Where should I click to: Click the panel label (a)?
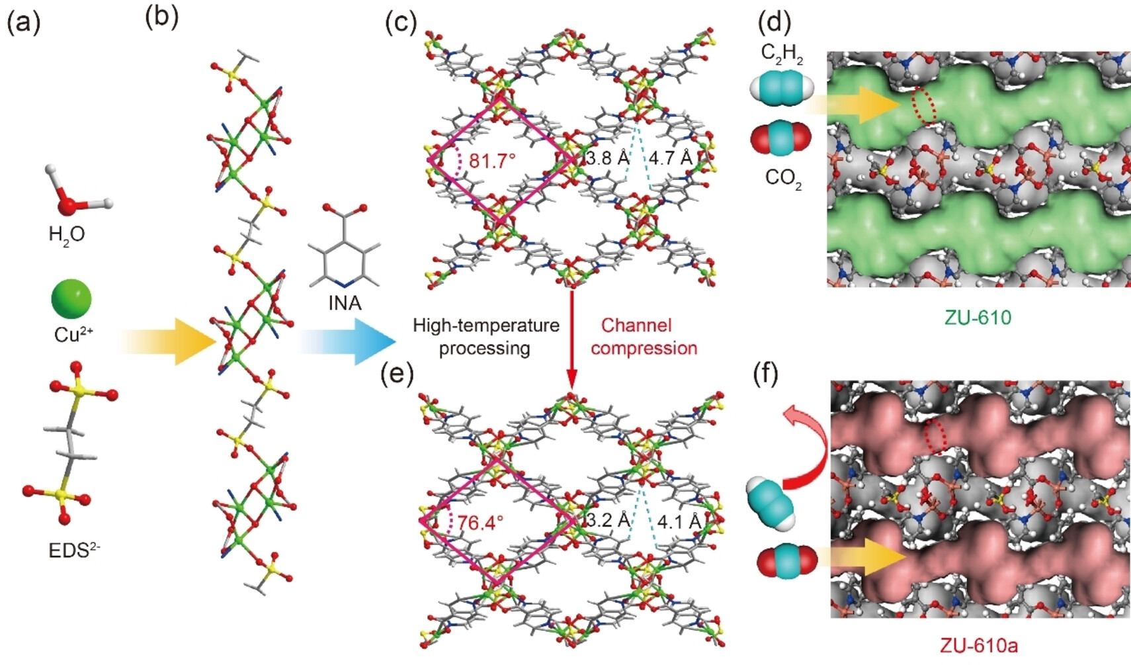[24, 22]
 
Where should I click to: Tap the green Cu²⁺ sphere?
[71, 299]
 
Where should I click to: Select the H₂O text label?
[67, 235]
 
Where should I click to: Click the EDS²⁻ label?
[74, 550]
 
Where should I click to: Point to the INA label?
[345, 302]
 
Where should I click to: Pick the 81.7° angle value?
[492, 161]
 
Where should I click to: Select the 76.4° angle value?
[480, 523]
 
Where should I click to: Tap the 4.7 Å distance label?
[671, 158]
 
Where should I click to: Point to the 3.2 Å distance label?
[608, 520]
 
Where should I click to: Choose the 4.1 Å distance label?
[679, 521]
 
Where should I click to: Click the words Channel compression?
[644, 337]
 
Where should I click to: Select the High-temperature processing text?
[485, 337]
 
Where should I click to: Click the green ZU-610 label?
[978, 318]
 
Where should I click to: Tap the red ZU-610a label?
[978, 645]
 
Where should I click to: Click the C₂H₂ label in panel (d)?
[782, 53]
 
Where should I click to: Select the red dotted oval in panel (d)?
[923, 106]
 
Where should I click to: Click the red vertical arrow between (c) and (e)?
[571, 341]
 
